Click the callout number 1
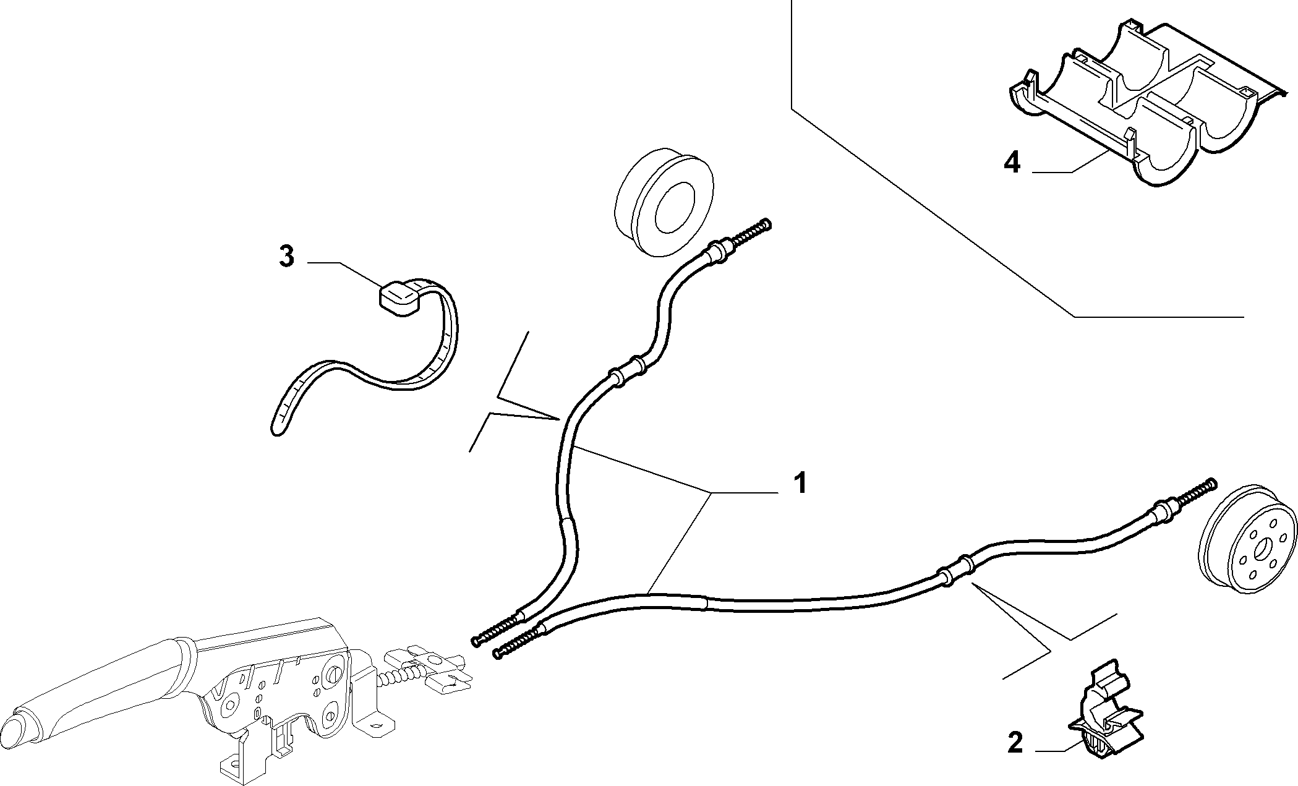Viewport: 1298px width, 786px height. click(800, 482)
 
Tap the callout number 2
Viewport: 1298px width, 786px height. click(1015, 743)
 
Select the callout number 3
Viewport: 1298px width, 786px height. click(286, 256)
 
